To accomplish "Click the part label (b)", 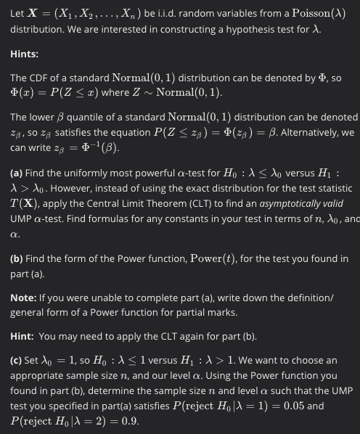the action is tap(18, 258).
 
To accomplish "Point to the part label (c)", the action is tap(18, 360).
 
